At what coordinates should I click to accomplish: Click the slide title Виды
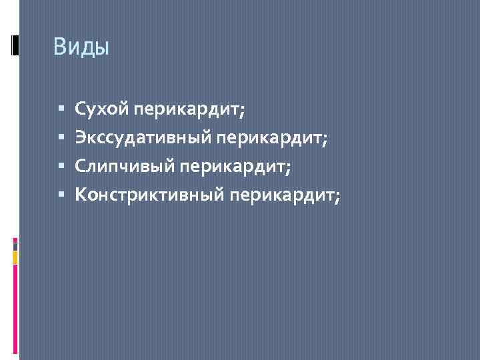point(81,47)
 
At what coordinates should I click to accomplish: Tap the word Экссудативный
point(143,137)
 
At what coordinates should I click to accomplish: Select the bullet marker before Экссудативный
point(61,137)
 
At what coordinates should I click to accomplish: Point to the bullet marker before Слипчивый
point(61,165)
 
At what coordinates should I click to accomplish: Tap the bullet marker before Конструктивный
point(61,194)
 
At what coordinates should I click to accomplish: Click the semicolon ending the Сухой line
point(242,110)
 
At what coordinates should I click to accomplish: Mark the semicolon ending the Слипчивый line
point(288,167)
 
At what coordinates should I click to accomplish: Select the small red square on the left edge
point(15,243)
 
